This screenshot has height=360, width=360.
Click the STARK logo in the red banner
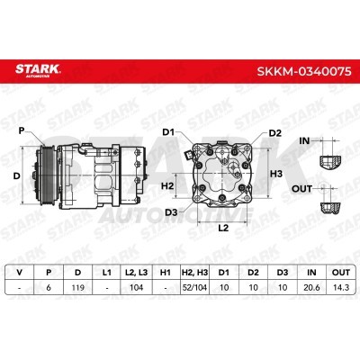click(x=38, y=70)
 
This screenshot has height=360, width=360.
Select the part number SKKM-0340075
click(x=304, y=72)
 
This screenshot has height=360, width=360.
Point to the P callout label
click(x=22, y=130)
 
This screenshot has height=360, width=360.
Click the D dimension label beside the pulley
click(x=17, y=175)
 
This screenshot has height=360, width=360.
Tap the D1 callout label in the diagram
click(x=170, y=132)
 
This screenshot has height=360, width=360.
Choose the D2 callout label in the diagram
click(x=274, y=133)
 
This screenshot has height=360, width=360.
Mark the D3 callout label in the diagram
click(x=171, y=212)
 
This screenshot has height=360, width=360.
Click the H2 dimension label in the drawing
click(x=167, y=186)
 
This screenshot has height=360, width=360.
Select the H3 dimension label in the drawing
click(x=276, y=174)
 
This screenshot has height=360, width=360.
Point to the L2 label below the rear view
click(x=223, y=228)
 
